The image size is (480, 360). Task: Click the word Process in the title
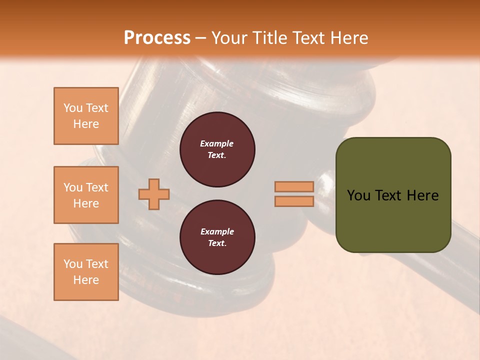coord(157,38)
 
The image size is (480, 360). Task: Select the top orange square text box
coord(86,116)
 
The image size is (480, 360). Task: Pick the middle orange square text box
coord(86,195)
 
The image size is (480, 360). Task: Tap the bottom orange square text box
coord(86,272)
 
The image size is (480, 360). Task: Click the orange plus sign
coord(154,194)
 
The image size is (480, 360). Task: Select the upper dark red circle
coord(217,149)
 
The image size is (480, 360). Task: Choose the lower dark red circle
coord(217,237)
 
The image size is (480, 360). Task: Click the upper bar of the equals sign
coord(294,187)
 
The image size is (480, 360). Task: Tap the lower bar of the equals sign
coord(294,201)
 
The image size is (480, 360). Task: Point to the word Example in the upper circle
coord(217,144)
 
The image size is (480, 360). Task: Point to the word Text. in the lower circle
coord(217,243)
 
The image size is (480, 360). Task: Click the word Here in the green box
coord(422,195)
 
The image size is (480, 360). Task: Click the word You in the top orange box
coord(72,108)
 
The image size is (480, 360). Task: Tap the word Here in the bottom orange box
coord(86,280)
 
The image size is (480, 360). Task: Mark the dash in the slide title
coord(201,38)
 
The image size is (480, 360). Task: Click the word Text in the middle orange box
coord(97,187)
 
